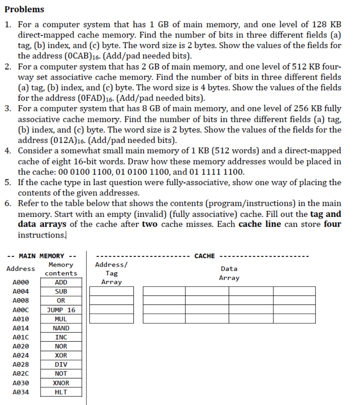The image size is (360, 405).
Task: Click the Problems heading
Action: point(25,9)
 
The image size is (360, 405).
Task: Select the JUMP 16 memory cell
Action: point(61,310)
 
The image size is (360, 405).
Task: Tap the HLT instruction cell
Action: point(61,392)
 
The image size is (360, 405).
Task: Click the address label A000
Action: point(21,282)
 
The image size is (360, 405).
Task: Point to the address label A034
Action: point(21,392)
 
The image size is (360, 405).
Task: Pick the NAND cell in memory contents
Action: point(61,328)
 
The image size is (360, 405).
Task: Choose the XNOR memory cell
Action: point(61,383)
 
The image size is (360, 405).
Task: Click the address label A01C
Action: point(21,337)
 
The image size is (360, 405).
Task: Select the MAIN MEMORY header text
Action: point(42,256)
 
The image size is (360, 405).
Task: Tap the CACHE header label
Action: point(205,256)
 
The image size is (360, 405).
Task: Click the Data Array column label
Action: point(229,273)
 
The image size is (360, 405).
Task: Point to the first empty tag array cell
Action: point(112,291)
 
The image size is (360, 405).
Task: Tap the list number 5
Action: point(8,182)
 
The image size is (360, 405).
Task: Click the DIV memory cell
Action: point(61,364)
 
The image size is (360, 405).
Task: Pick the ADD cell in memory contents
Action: point(61,282)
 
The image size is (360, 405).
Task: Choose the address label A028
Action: point(21,364)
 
